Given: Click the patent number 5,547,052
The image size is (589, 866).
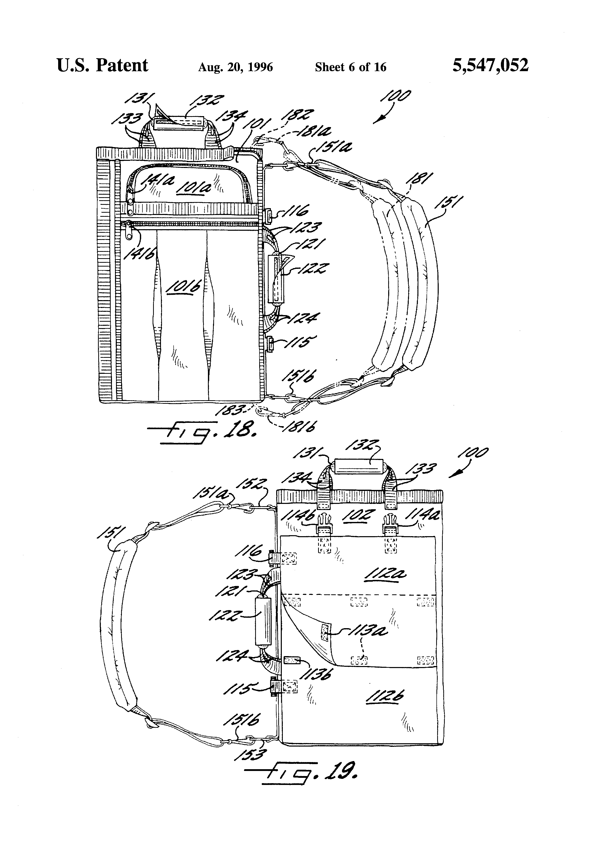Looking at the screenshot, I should (x=490, y=66).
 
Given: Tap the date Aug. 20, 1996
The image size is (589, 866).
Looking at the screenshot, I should (x=235, y=67).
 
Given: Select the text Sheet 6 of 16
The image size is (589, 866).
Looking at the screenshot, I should (x=350, y=67).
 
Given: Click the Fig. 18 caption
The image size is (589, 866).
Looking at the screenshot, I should (x=201, y=432).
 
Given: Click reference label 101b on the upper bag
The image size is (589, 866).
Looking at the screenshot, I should (x=183, y=288).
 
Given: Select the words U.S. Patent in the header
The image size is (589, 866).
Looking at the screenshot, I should (x=102, y=66).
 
